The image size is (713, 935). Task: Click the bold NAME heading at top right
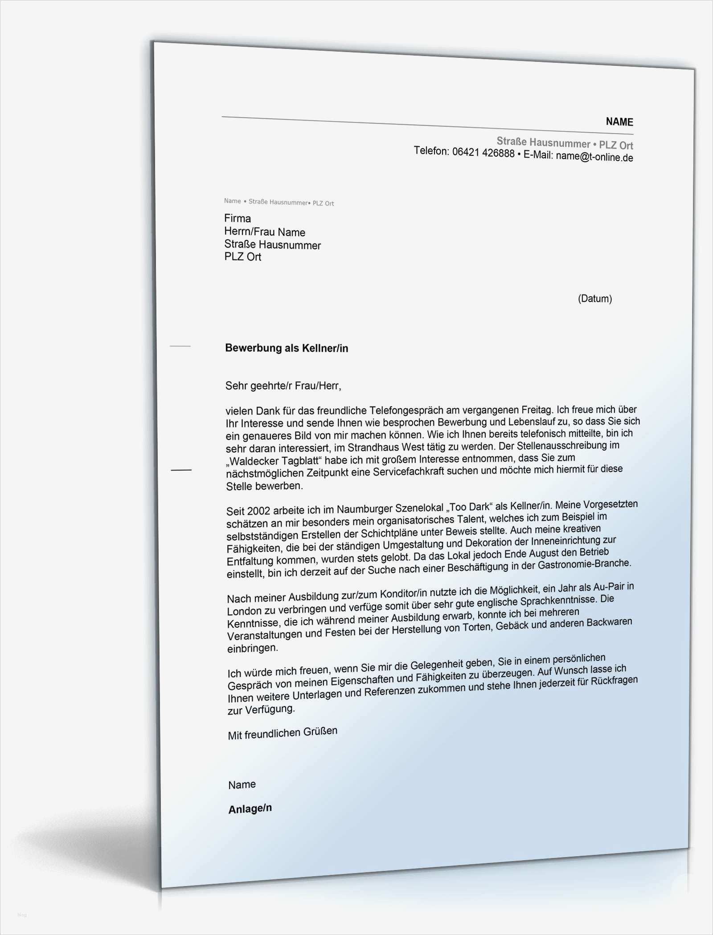pos(619,122)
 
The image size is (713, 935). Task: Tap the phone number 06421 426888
pos(483,153)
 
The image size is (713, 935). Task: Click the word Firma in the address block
pos(238,218)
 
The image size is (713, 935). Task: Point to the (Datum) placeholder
pos(594,298)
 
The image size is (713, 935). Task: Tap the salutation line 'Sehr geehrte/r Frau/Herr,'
pos(283,386)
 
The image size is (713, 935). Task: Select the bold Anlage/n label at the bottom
pos(250,809)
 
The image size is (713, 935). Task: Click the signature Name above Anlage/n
pos(242,785)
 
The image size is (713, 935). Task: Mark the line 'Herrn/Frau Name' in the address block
pos(265,232)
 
